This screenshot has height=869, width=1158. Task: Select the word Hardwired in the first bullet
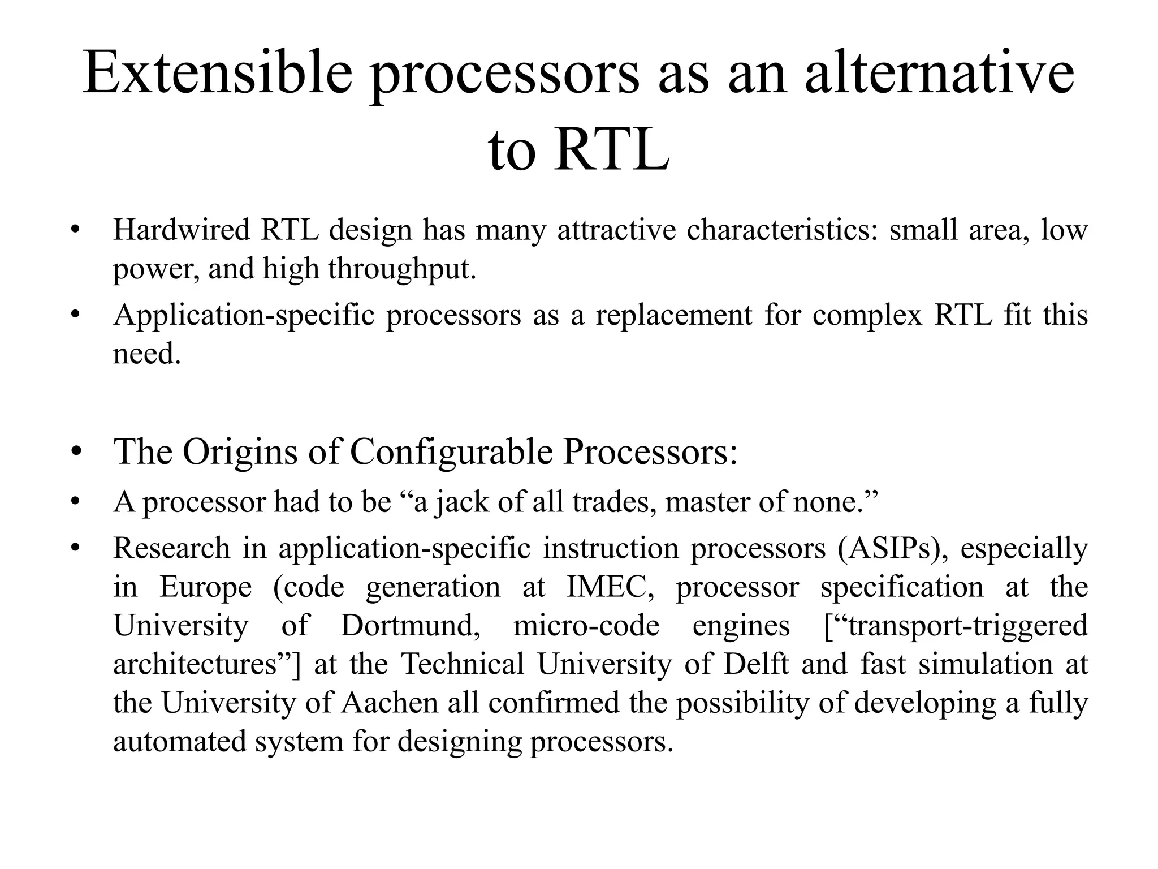180,230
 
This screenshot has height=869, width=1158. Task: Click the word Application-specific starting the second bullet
244,315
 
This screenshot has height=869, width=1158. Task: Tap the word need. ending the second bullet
146,354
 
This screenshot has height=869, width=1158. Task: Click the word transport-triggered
961,626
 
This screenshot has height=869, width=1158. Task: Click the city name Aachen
390,703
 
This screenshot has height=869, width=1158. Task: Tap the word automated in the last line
179,742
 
